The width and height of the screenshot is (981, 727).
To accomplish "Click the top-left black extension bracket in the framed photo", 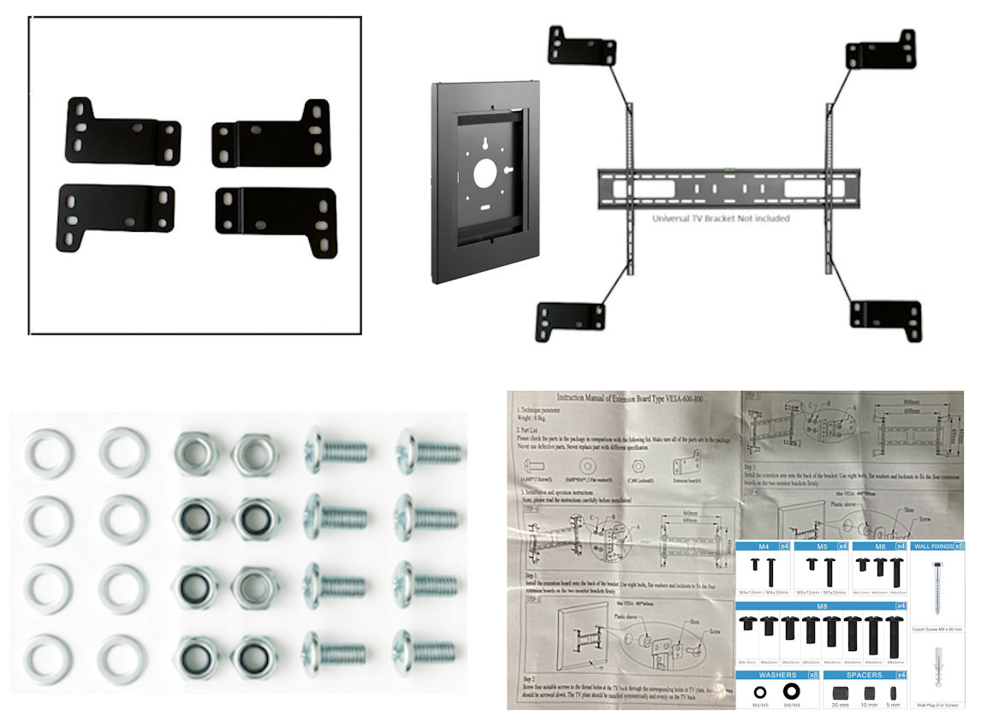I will point(120,133).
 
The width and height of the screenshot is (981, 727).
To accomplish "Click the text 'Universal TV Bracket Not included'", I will point(721,218).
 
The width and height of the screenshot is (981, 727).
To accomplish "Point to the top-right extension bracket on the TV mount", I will point(882,51).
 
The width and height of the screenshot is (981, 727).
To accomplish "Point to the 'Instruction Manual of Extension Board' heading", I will point(627,398).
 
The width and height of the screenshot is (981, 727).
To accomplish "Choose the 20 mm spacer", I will point(841,692).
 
